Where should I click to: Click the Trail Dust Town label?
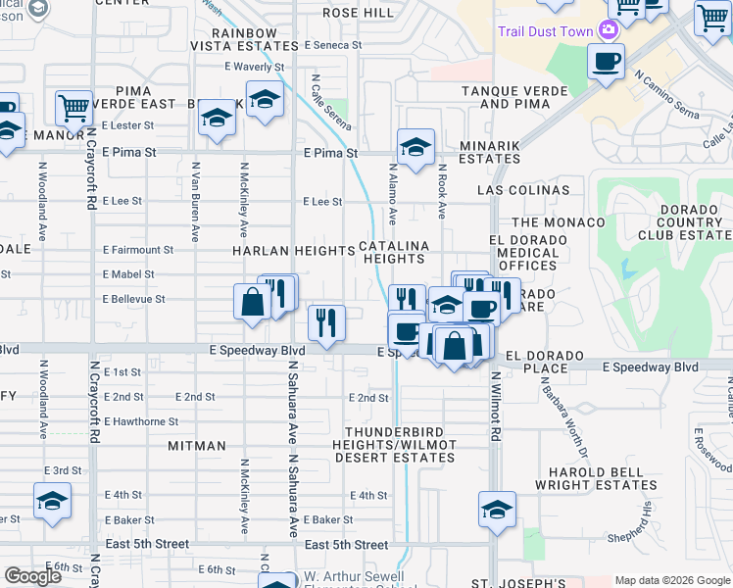click(x=545, y=31)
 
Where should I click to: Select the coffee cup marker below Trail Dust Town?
click(x=606, y=62)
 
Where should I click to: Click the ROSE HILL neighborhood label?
click(x=358, y=13)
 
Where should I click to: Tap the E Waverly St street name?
click(x=253, y=68)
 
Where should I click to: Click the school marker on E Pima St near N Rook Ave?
click(x=415, y=149)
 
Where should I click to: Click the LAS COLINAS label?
click(x=523, y=189)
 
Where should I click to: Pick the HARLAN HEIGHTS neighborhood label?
click(x=293, y=251)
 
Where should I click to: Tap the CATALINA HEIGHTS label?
click(x=394, y=252)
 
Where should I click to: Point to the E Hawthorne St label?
click(x=140, y=421)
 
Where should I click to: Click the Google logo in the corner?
click(x=32, y=576)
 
